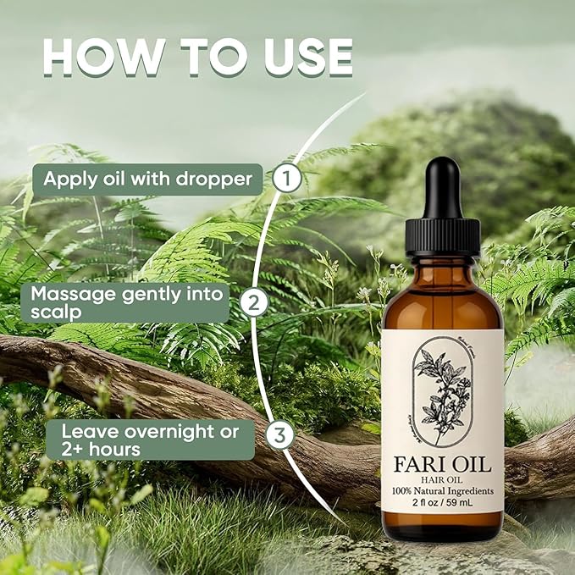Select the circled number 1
pyautogui.click(x=289, y=179)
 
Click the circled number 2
pyautogui.click(x=252, y=302)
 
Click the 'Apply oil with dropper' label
pyautogui.click(x=147, y=180)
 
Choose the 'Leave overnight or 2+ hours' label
pyautogui.click(x=150, y=440)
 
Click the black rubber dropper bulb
pyautogui.click(x=442, y=188)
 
